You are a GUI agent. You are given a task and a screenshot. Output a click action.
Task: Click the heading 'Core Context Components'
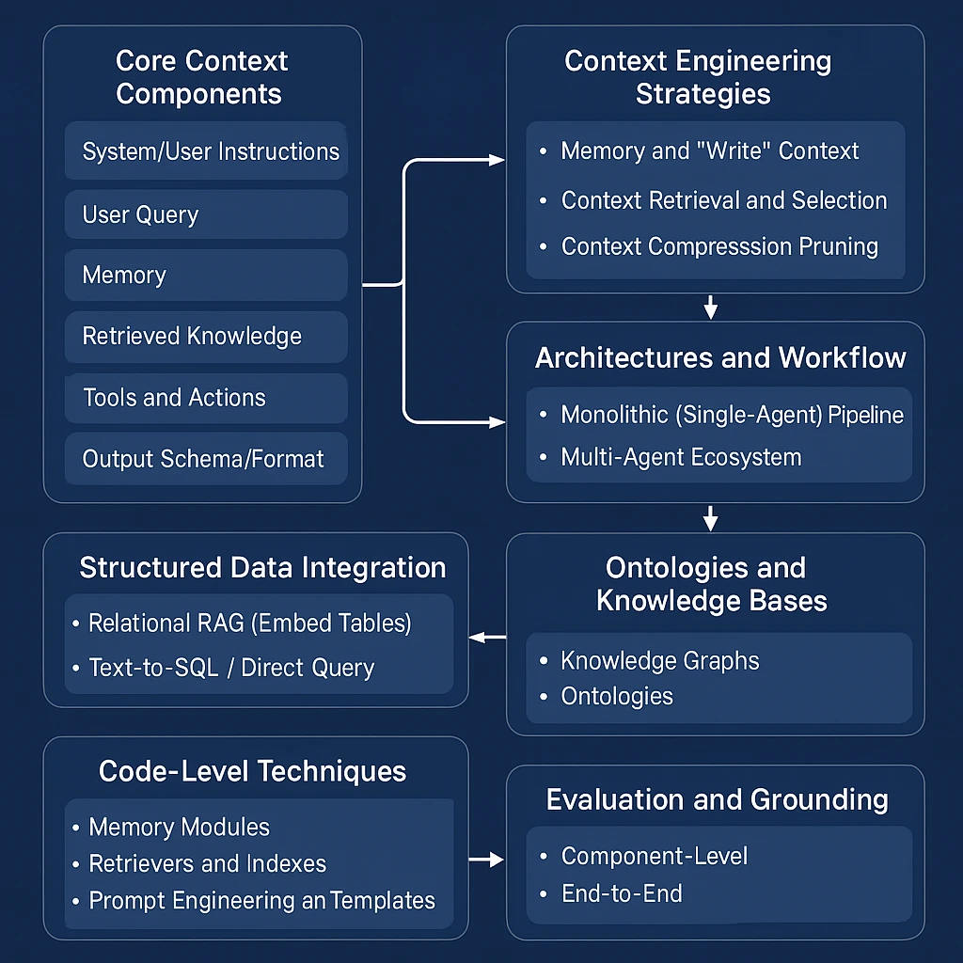201,78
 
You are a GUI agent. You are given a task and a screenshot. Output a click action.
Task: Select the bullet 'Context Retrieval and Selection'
723,200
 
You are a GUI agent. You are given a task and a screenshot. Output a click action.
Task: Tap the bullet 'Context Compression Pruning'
718,247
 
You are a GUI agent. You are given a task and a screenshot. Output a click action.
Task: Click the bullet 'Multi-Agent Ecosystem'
681,458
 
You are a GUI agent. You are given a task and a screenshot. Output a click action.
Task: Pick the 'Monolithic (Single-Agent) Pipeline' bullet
731,415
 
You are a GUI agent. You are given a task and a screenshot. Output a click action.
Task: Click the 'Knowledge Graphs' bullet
659,661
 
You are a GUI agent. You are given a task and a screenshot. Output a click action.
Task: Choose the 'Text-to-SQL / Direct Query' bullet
230,669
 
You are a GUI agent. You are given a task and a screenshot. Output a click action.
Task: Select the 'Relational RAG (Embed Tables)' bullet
249,624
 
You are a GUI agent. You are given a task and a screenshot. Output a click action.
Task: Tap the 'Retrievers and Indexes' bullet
207,863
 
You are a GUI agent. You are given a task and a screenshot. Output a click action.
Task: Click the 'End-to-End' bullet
621,893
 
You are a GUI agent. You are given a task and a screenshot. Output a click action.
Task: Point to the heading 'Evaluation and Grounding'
717,800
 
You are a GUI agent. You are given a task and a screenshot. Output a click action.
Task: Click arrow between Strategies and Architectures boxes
711,307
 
